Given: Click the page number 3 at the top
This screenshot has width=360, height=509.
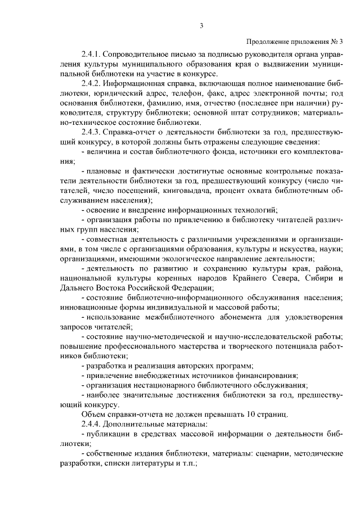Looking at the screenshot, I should click(200, 24).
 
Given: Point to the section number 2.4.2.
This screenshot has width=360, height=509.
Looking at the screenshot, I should click(92, 83).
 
